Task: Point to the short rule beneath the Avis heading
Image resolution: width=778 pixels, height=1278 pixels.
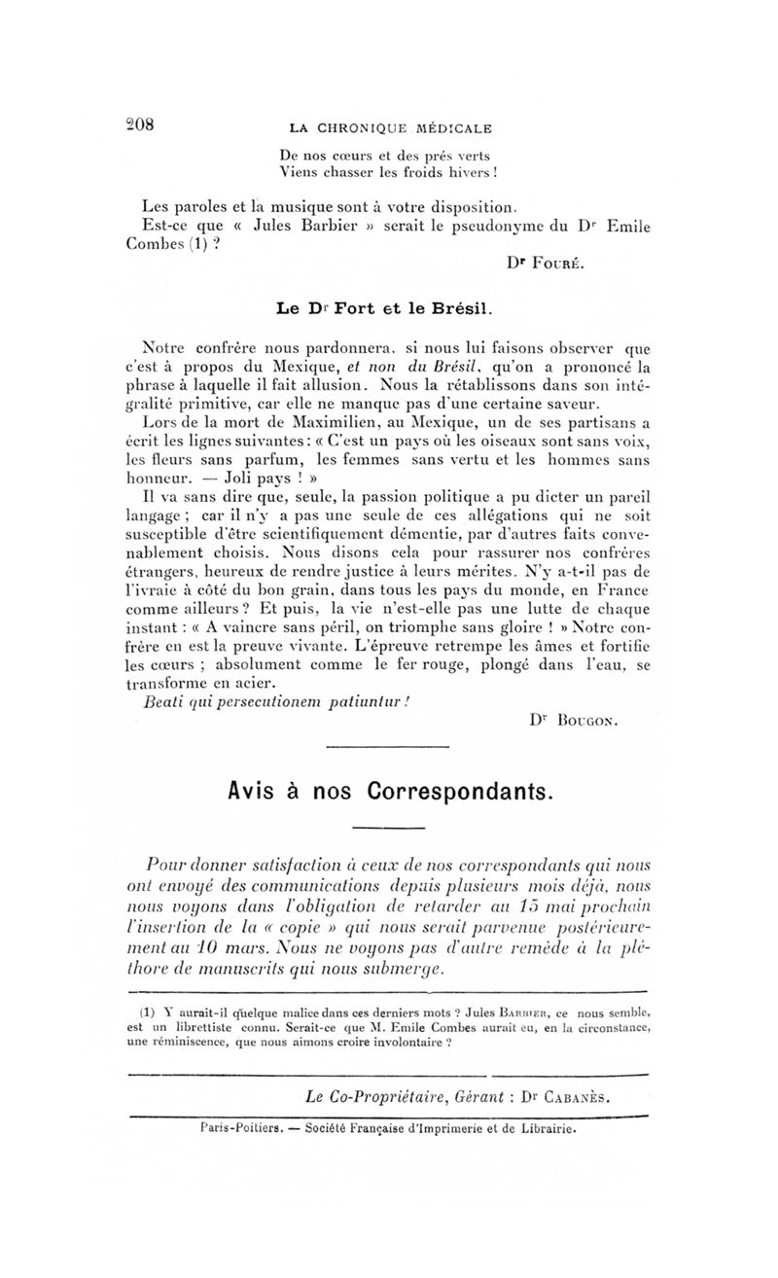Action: pyautogui.click(x=388, y=828)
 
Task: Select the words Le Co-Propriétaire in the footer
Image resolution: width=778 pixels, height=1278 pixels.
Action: pyautogui.click(x=366, y=1095)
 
